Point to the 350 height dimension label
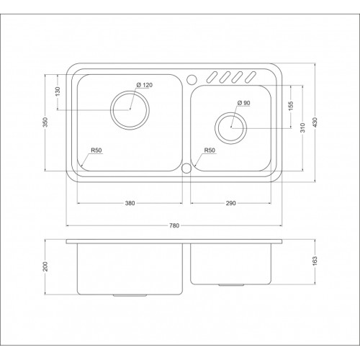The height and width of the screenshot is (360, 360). [48, 122]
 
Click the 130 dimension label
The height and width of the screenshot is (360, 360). [58, 91]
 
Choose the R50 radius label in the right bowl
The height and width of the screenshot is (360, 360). [210, 150]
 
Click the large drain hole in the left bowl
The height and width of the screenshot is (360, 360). [130, 109]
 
